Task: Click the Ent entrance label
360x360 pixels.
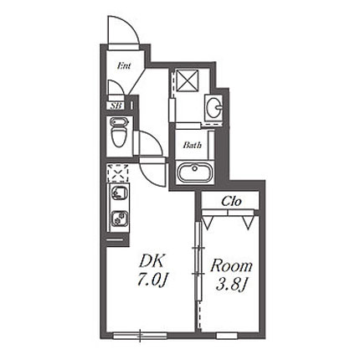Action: (124, 66)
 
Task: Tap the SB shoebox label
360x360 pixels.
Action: (116, 106)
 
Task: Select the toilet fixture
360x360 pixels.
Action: (119, 131)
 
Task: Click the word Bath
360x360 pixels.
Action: (193, 145)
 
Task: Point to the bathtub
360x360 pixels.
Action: (193, 172)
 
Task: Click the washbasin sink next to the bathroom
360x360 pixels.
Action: (213, 106)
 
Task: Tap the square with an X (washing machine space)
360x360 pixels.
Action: (188, 80)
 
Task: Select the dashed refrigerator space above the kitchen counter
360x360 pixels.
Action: (118, 173)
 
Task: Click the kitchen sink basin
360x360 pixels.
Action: (120, 193)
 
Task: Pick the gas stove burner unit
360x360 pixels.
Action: (120, 218)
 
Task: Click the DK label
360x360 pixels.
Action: (151, 261)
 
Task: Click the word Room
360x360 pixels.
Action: (231, 266)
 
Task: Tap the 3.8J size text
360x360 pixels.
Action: (231, 285)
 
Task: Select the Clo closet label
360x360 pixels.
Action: (231, 201)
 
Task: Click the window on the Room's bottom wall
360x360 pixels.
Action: (227, 335)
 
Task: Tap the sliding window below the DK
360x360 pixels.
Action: (140, 335)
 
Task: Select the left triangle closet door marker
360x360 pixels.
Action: (208, 223)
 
